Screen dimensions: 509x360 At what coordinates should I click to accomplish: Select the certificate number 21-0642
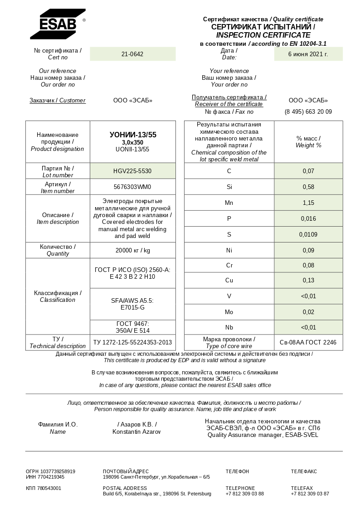132,54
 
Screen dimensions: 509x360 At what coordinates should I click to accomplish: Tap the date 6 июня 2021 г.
308,54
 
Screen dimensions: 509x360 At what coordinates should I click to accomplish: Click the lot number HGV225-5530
132,171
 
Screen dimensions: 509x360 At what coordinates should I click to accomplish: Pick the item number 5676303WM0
132,187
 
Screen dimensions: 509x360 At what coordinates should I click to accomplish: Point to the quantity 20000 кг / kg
132,250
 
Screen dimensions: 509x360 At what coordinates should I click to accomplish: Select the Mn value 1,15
308,203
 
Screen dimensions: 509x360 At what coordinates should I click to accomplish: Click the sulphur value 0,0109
308,234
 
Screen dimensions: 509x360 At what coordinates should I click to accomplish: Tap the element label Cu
229,280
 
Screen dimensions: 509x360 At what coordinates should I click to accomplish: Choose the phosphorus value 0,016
308,218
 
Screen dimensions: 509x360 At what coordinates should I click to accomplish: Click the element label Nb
229,327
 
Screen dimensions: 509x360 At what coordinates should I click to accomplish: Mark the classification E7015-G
132,307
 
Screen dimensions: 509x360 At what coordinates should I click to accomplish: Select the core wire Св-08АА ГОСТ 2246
308,342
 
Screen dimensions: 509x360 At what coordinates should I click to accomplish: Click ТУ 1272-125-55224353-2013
132,342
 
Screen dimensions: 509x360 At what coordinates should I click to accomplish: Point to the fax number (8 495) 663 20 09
308,111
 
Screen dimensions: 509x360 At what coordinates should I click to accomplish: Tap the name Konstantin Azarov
136,431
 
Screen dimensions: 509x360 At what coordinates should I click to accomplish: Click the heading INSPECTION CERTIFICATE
263,35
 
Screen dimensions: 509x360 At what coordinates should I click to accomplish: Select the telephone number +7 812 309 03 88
245,494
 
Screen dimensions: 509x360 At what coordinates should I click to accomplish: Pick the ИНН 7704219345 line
45,477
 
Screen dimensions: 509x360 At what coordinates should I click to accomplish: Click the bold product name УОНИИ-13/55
133,135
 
